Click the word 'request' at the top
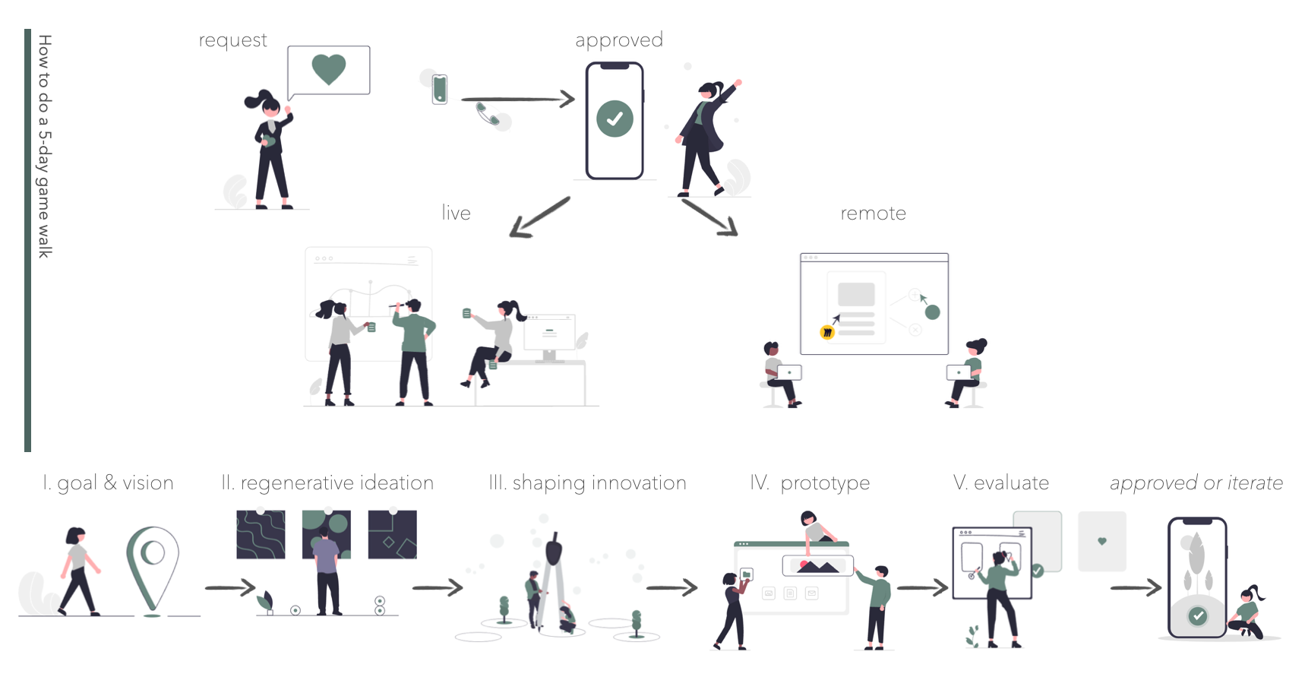point(232,40)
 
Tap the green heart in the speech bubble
point(329,69)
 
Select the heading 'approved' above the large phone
point(618,40)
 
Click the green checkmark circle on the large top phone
point(615,119)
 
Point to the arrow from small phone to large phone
point(517,99)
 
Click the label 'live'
point(456,214)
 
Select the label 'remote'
point(873,214)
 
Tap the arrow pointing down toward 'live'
point(539,217)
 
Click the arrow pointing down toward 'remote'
point(709,217)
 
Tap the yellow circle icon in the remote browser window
point(827,332)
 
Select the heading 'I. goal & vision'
point(108,483)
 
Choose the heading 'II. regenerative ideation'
point(327,483)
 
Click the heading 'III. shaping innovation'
point(587,483)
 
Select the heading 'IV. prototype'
point(810,483)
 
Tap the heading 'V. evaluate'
point(1000,483)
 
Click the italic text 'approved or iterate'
point(1196,483)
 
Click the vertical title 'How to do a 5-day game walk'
point(45,146)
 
